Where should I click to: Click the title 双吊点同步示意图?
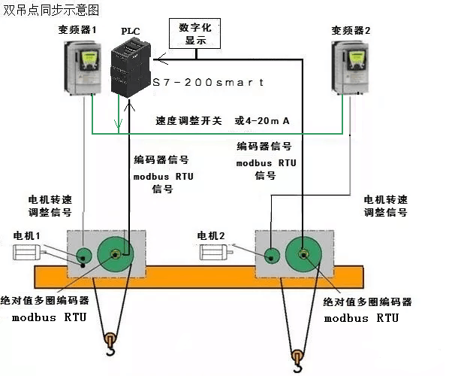(50, 11)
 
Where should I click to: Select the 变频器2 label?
(351, 30)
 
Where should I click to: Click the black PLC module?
(133, 64)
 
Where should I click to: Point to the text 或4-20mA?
(263, 120)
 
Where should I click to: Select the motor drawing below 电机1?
(32, 253)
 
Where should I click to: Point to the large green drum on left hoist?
(116, 254)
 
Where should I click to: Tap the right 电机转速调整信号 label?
(386, 206)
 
